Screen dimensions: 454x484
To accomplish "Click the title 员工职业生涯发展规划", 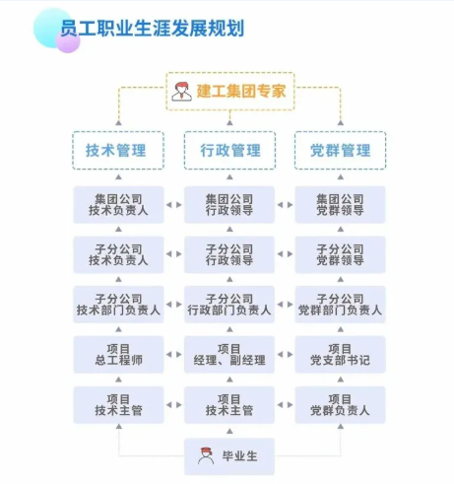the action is pyautogui.click(x=152, y=29).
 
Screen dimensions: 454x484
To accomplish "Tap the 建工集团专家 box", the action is pyautogui.click(x=230, y=91).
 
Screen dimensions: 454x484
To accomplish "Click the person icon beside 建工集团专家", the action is pyautogui.click(x=181, y=92).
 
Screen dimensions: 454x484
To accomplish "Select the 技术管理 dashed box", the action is pyautogui.click(x=118, y=151).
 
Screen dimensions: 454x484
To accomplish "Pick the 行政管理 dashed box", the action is pyautogui.click(x=229, y=151).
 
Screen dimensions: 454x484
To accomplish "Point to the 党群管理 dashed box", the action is pyautogui.click(x=341, y=151).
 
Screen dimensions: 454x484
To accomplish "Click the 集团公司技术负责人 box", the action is pyautogui.click(x=118, y=205).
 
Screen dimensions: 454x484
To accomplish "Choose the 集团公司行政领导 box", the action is pyautogui.click(x=229, y=205).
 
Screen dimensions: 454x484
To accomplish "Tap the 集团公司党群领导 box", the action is pyautogui.click(x=341, y=205).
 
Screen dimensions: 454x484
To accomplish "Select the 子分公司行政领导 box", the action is pyautogui.click(x=229, y=254).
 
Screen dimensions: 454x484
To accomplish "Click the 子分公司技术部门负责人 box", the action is pyautogui.click(x=118, y=305).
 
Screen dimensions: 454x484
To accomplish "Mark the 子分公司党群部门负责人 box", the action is pyautogui.click(x=341, y=305).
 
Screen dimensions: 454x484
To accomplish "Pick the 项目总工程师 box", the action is pyautogui.click(x=118, y=355).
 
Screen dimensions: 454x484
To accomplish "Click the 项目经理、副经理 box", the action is pyautogui.click(x=229, y=355).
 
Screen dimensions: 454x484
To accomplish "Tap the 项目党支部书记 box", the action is pyautogui.click(x=341, y=355).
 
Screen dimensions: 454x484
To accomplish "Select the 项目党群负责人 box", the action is pyautogui.click(x=341, y=405).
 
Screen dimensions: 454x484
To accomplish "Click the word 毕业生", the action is pyautogui.click(x=239, y=456).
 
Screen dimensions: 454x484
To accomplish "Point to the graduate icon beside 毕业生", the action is pyautogui.click(x=206, y=455).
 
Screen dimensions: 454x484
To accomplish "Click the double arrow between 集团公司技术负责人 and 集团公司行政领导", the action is pyautogui.click(x=174, y=205).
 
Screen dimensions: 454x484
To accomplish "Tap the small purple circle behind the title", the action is pyautogui.click(x=68, y=41).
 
